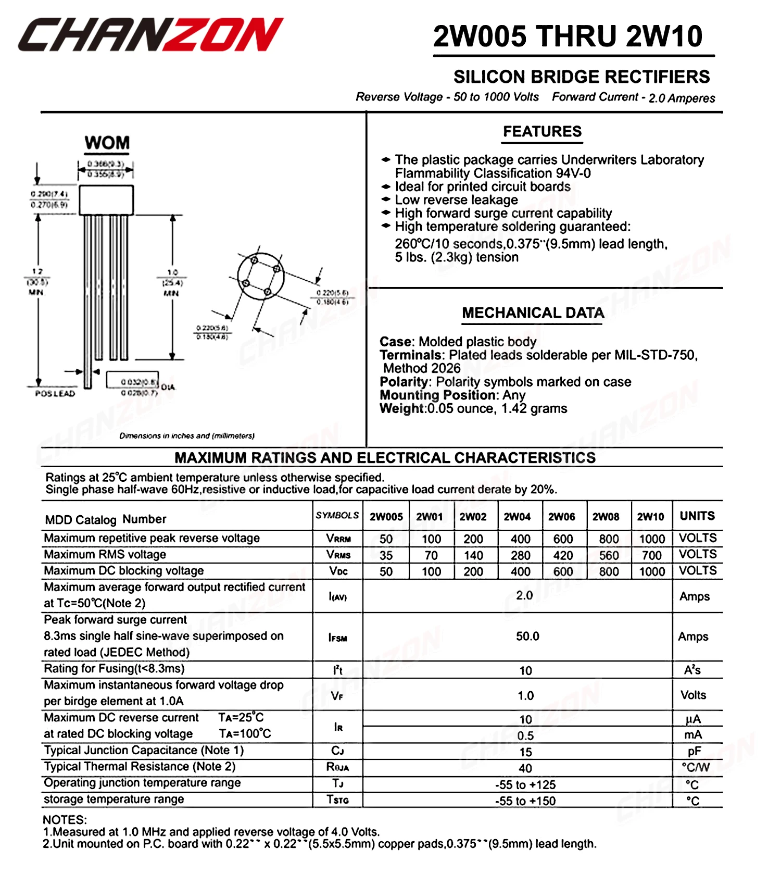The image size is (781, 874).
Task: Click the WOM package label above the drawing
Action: [x=107, y=143]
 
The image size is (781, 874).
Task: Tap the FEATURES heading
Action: [x=542, y=132]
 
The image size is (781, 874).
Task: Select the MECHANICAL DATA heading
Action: [x=533, y=313]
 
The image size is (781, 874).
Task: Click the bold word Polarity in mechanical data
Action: [x=404, y=382]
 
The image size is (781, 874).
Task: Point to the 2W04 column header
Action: [x=517, y=517]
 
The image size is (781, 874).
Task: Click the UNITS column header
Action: [x=697, y=516]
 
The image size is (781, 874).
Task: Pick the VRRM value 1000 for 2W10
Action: [x=651, y=539]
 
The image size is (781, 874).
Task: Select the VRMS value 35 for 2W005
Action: [x=386, y=555]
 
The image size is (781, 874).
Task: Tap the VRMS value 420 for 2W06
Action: [x=563, y=555]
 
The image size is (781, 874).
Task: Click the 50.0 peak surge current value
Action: [x=527, y=636]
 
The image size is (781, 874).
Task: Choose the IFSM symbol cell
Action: [x=337, y=638]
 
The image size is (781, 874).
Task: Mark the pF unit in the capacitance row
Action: [x=694, y=751]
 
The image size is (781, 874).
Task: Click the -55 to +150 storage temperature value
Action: [x=525, y=801]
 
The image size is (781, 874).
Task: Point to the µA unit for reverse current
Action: [x=693, y=719]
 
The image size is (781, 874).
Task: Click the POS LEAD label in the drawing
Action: [x=55, y=394]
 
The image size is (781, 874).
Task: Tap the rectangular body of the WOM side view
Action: [x=106, y=200]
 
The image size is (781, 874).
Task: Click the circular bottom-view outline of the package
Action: [x=261, y=276]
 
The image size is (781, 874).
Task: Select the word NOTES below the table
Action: [x=65, y=820]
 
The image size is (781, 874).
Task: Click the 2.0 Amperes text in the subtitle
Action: [x=682, y=98]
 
